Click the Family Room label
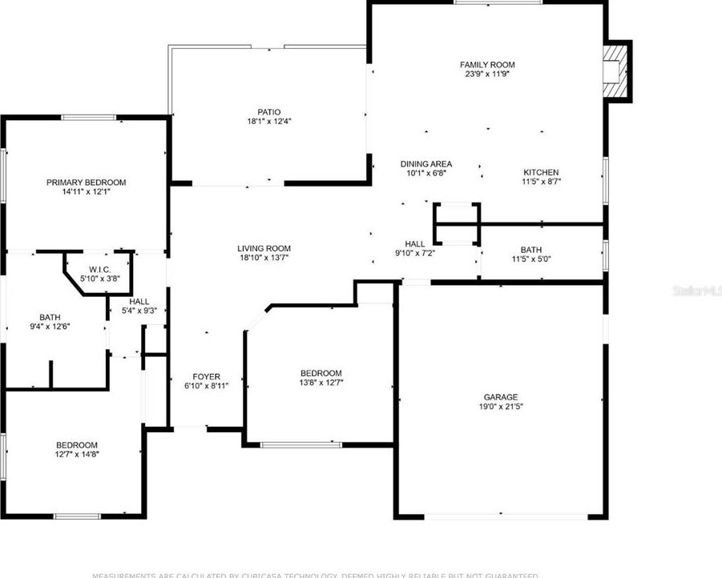(x=486, y=65)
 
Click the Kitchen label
(x=541, y=173)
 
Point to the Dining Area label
(x=426, y=164)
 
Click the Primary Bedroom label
(x=86, y=183)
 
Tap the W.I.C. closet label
(x=99, y=269)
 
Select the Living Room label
(x=264, y=248)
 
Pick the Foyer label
(x=206, y=377)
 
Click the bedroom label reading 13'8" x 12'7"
(x=321, y=373)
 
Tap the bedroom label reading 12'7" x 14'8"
(x=77, y=446)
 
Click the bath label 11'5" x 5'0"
(x=530, y=250)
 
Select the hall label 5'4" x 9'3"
(x=139, y=301)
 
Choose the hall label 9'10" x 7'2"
(x=414, y=244)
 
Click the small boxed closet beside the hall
(x=457, y=223)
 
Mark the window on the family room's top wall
(x=488, y=2)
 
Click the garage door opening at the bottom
(x=500, y=515)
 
